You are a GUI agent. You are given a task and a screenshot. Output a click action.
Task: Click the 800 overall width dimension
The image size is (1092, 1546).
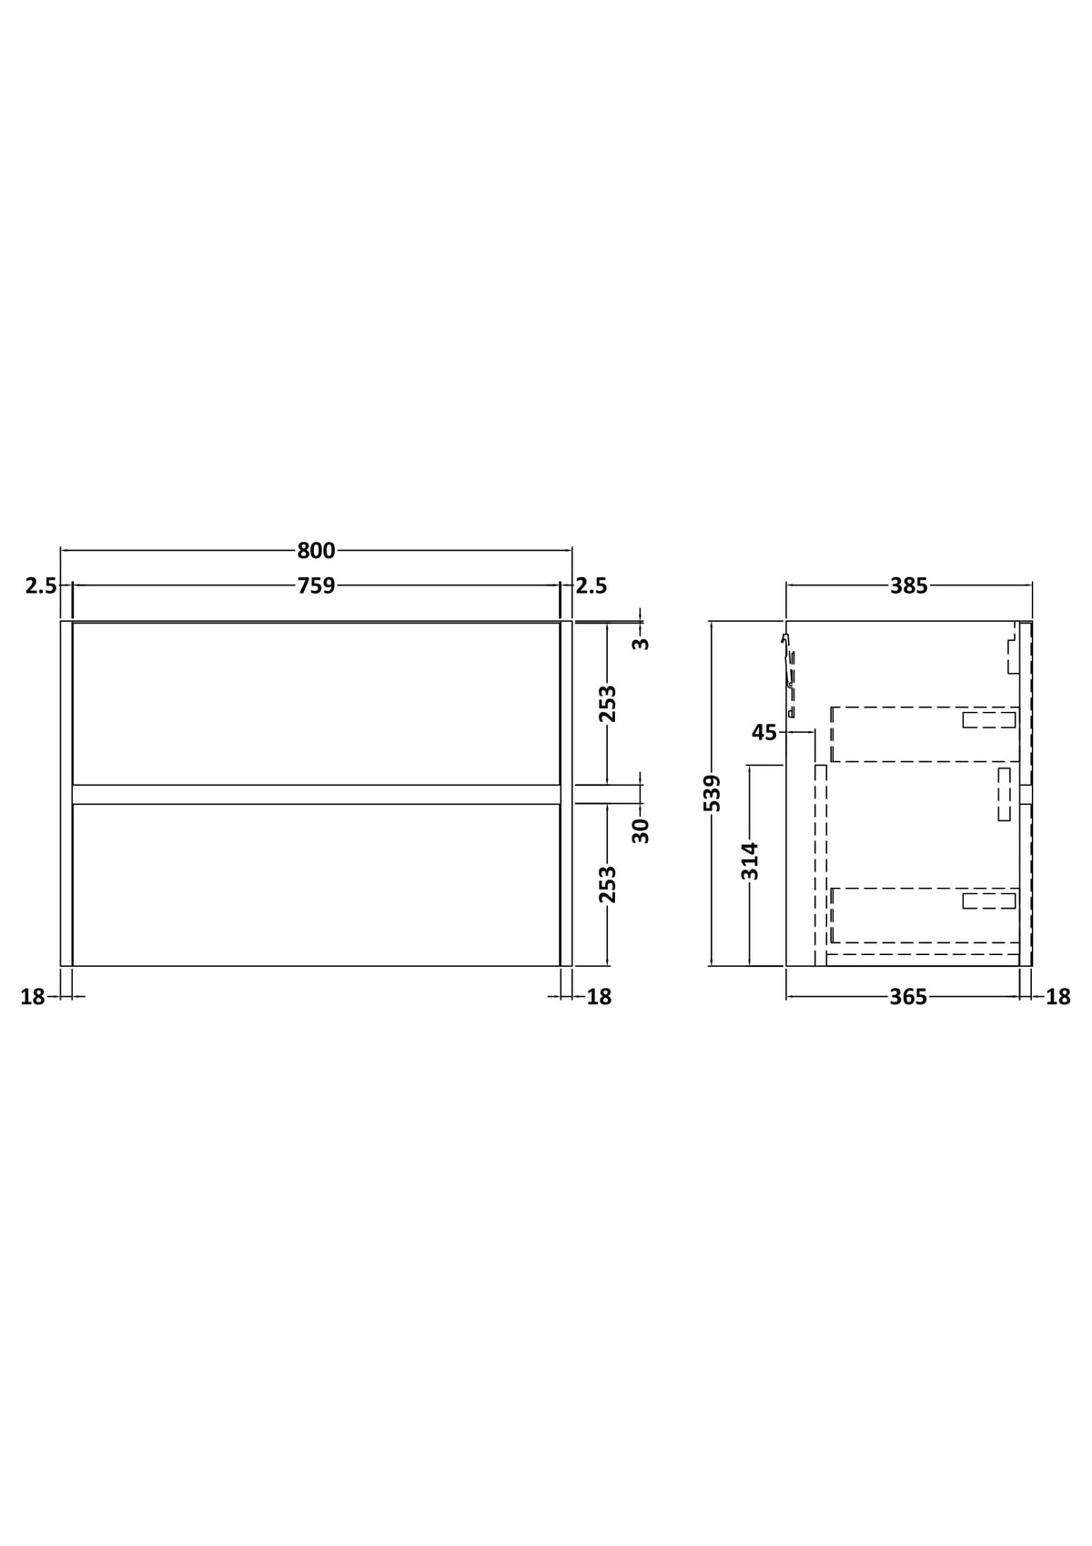(316, 551)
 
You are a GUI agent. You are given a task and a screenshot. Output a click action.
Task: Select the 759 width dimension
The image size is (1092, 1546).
(316, 586)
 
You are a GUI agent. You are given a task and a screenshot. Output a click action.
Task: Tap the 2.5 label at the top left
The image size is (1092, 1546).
(41, 586)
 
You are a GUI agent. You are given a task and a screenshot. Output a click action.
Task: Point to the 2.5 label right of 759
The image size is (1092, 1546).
(591, 586)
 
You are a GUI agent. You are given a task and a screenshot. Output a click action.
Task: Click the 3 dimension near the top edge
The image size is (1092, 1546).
(641, 643)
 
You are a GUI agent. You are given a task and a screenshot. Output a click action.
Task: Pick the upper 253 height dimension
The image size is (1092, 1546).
(607, 703)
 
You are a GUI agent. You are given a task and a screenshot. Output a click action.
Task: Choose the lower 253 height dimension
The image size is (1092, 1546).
(607, 884)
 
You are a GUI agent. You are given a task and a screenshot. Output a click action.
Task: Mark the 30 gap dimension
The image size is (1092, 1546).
(641, 830)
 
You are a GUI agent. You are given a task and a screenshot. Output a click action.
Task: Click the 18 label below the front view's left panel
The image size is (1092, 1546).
(33, 997)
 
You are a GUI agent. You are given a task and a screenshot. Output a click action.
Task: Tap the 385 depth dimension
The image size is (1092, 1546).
(908, 586)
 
